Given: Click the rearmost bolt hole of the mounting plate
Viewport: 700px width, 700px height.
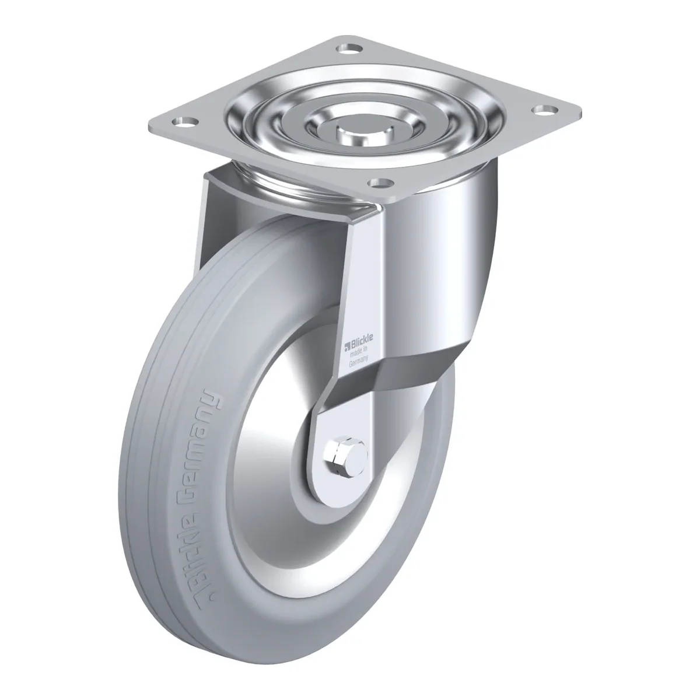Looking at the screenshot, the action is pos(349,49).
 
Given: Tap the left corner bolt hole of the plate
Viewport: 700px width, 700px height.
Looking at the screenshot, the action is pos(185,123).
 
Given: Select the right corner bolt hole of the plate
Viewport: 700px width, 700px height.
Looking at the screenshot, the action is pos(544,108).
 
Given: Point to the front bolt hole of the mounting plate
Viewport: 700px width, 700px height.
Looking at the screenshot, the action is pos(380,183).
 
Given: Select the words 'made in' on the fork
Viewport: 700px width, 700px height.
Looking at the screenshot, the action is pos(359,352).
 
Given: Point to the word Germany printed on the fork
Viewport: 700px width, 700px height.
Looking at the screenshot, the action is pos(359,360).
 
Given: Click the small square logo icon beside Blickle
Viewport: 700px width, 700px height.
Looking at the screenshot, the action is pos(346,345).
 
